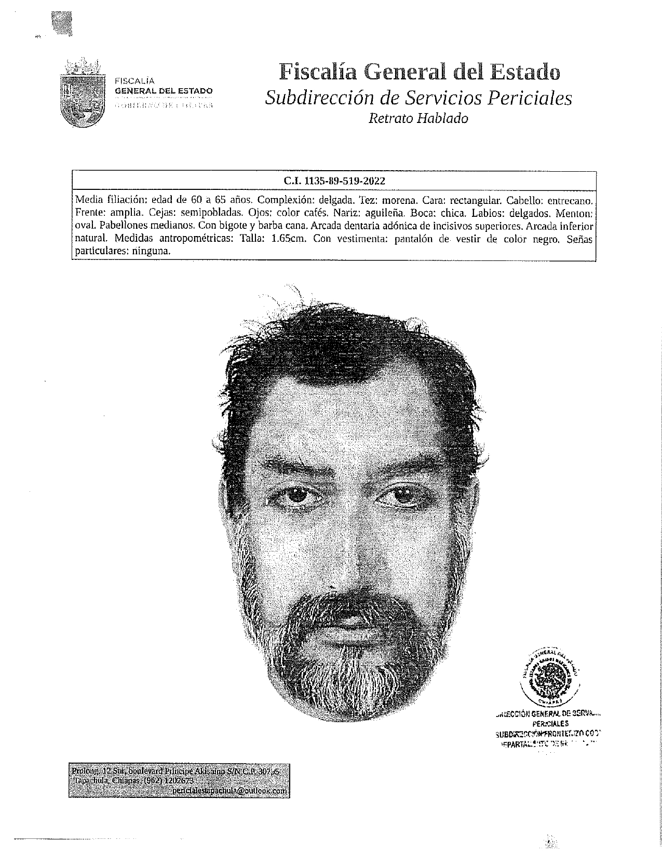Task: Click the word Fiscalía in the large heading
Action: pyautogui.click(x=320, y=72)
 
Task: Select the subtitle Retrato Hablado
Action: pyautogui.click(x=418, y=118)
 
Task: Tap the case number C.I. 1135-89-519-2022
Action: pyautogui.click(x=334, y=181)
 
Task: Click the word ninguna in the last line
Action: pyautogui.click(x=152, y=251)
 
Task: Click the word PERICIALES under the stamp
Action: pyautogui.click(x=550, y=723)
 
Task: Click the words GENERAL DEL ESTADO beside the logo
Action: pyautogui.click(x=163, y=91)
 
